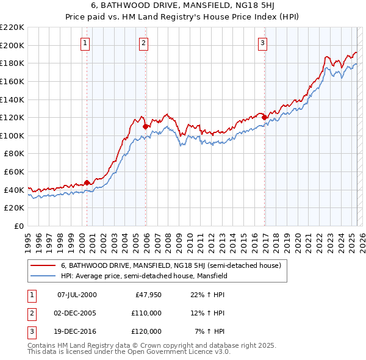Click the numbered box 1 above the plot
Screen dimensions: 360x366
[x=84, y=43]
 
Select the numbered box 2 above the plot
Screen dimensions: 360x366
[x=143, y=43]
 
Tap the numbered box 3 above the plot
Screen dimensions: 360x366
[x=262, y=43]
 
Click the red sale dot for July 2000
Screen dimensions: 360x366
[x=87, y=182]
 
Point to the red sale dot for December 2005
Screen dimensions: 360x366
[x=145, y=126]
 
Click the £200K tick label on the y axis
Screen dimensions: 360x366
[x=12, y=45]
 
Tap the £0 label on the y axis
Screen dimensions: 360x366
[x=20, y=226]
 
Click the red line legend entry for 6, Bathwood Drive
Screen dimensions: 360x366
[x=171, y=265]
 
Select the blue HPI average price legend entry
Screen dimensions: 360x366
[x=144, y=276]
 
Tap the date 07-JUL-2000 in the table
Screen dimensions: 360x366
[x=77, y=295]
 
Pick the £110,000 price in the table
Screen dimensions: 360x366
[x=147, y=313]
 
